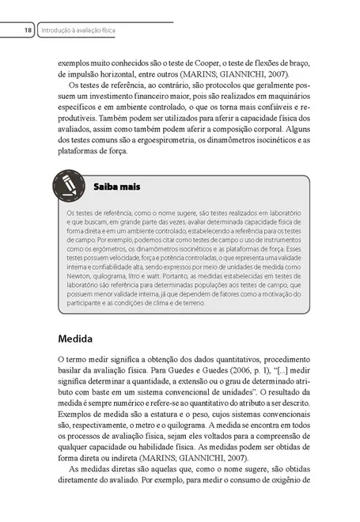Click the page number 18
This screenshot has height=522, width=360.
pos(28,30)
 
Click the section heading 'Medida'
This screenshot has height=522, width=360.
pos(76,339)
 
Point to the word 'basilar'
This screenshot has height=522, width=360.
pos(75,381)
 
